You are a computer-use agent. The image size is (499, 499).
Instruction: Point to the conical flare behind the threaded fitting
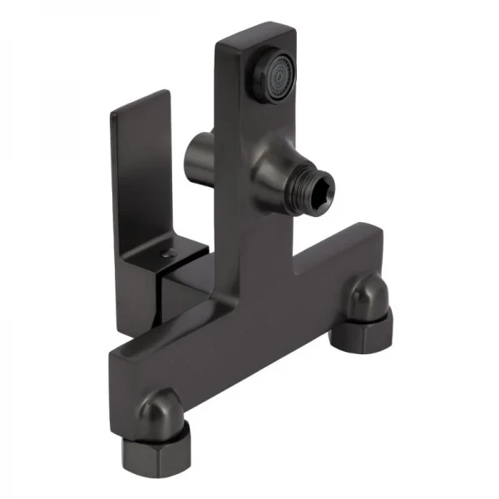pos(279,176)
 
